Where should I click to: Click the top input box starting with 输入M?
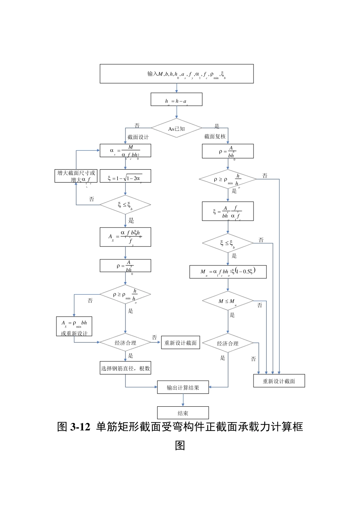tap(177, 73)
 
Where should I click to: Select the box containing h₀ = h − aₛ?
tap(177, 100)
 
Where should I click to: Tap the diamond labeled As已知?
tap(177, 129)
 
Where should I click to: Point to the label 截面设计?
tap(138, 137)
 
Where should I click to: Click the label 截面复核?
tap(215, 136)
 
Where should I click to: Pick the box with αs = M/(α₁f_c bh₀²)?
tap(125, 151)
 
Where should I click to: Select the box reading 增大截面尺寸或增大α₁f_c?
tap(76, 176)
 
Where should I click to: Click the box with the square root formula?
tap(125, 176)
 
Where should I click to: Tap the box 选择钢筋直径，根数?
tap(125, 368)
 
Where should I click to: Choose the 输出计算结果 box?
tap(183, 387)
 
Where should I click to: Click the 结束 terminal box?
tap(183, 413)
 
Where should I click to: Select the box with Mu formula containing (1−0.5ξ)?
tap(228, 272)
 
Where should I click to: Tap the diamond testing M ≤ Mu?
tap(228, 301)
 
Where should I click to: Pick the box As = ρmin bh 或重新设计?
tap(74, 326)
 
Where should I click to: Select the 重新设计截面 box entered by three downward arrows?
tap(279, 381)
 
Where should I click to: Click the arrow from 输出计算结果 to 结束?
tap(183, 400)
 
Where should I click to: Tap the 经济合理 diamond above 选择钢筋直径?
tap(125, 342)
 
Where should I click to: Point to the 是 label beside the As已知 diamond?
tap(217, 126)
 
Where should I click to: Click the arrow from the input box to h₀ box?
tap(177, 88)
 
